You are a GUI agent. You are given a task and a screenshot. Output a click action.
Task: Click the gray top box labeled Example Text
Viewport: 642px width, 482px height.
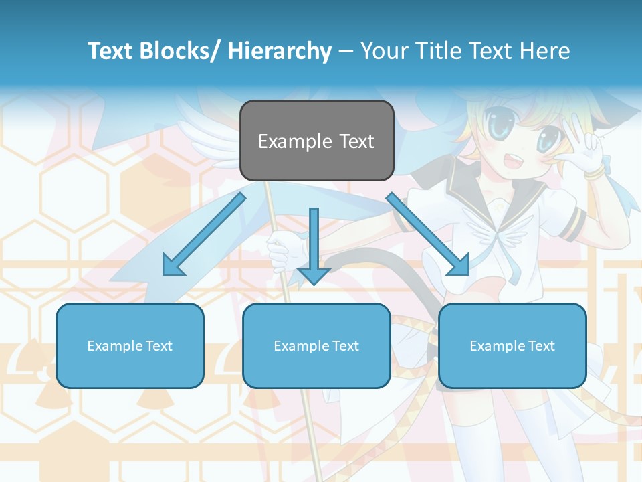point(316,141)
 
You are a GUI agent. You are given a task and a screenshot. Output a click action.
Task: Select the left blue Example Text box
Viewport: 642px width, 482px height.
point(130,345)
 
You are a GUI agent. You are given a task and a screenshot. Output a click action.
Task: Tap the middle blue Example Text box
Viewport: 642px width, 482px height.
point(316,345)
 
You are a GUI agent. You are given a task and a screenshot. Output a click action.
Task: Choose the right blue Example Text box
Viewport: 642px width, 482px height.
point(512,345)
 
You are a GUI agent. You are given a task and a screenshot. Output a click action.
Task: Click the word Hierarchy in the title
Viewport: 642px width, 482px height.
point(280,51)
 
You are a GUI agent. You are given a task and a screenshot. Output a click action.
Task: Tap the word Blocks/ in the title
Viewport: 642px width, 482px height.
point(180,51)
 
